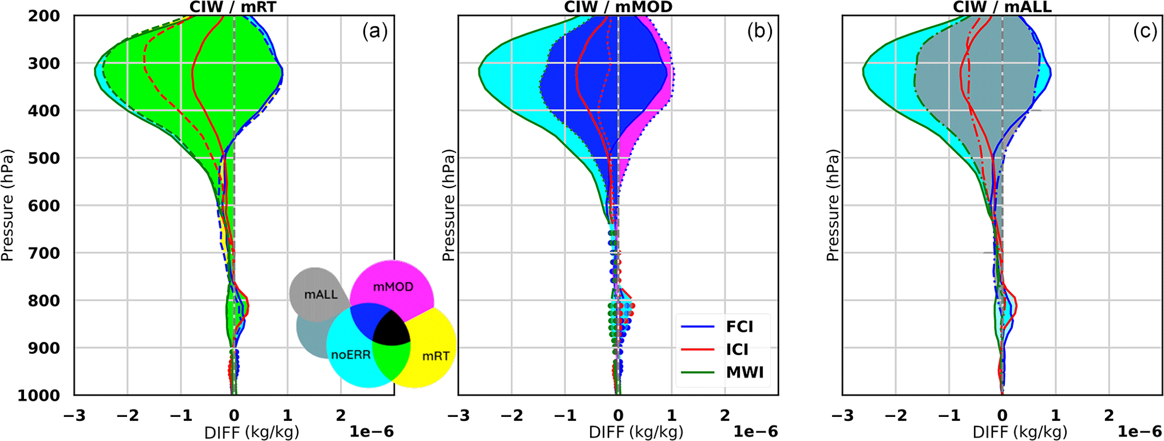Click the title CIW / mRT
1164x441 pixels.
tap(233, 7)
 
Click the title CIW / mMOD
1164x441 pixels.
tap(618, 7)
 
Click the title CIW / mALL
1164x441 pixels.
tap(1002, 7)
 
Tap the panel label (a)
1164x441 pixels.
tap(375, 31)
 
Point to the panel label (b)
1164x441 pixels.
tap(759, 31)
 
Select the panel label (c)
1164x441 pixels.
tap(1145, 31)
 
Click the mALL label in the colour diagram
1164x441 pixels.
tap(320, 295)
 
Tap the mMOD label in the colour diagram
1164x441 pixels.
tap(393, 287)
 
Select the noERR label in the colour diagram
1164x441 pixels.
tap(351, 355)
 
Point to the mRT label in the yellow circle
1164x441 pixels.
tap(435, 356)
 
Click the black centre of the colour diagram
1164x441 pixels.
tap(391, 328)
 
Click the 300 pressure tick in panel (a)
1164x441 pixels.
tap(44, 64)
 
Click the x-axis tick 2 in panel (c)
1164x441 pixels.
tap(1109, 415)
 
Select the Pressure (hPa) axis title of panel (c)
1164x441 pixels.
tap(832, 205)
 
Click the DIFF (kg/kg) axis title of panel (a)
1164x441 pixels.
tap(252, 432)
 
